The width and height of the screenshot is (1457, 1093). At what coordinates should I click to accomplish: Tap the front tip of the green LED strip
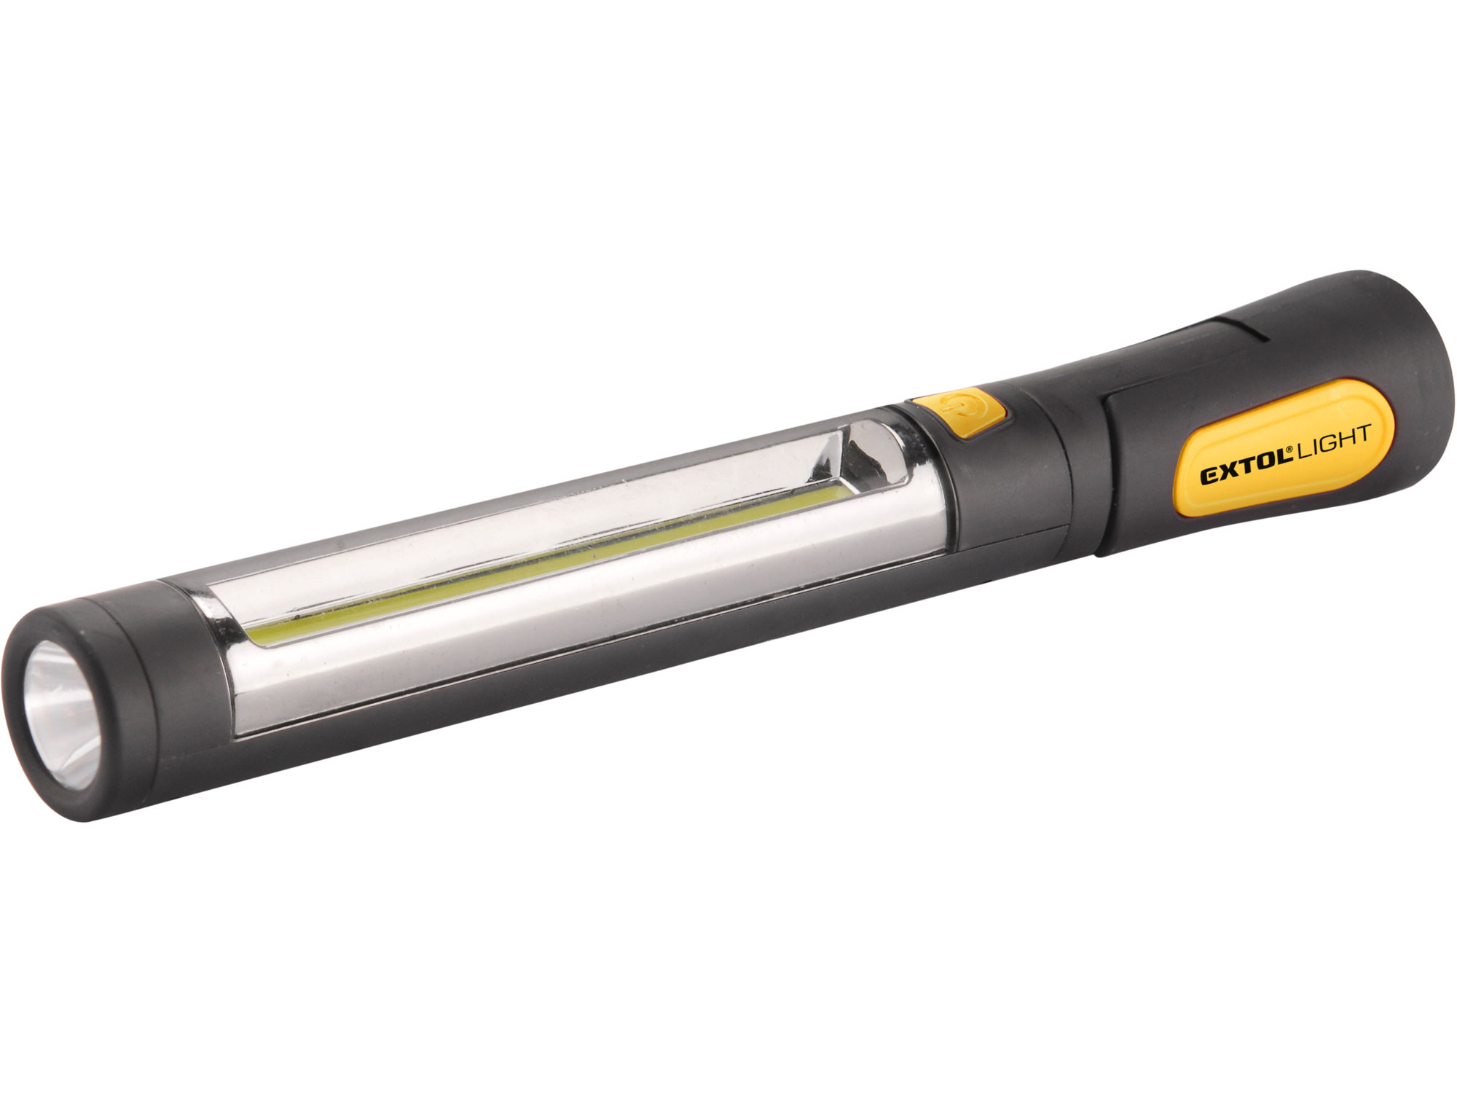pos(262,635)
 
